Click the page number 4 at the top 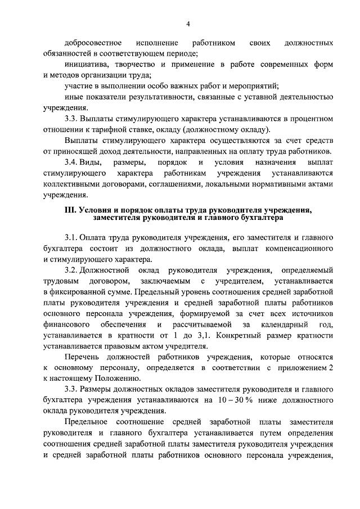click(188, 24)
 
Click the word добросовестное click(94, 43)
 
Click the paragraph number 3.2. click(73, 270)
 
